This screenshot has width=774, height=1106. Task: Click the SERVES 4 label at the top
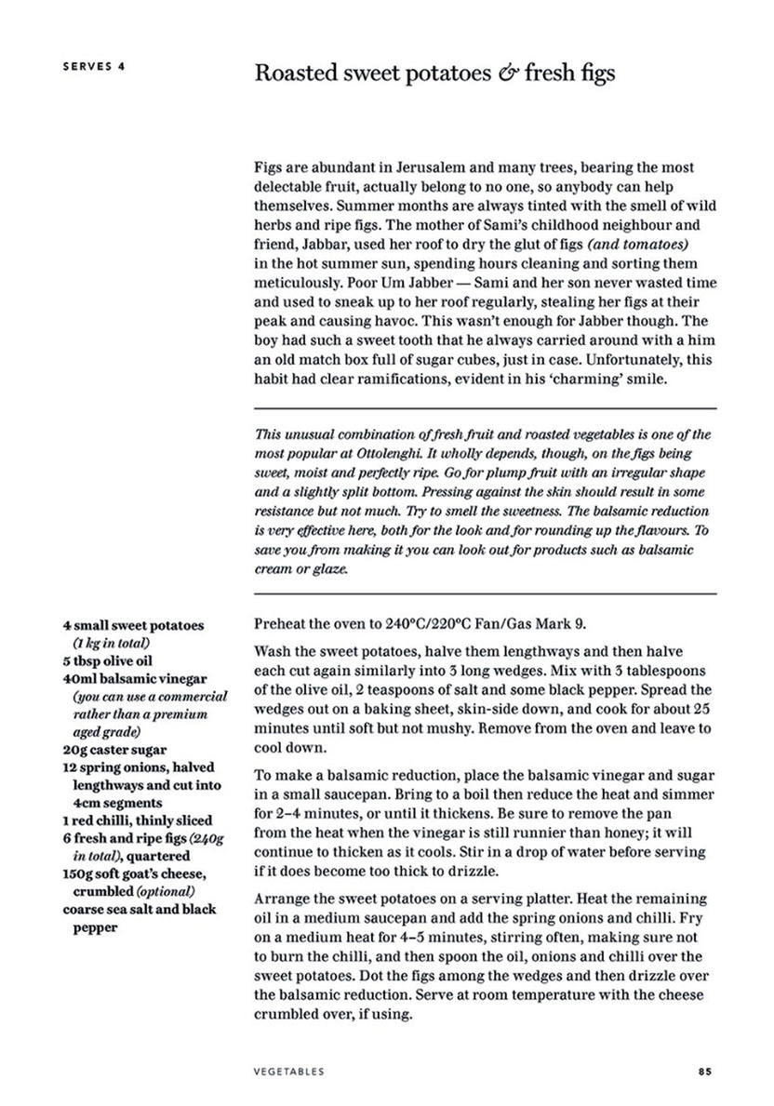point(94,66)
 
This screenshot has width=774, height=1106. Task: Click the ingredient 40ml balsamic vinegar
point(134,679)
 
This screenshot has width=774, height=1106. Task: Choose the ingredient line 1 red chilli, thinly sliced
point(137,820)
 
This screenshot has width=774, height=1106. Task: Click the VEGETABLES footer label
point(287,1071)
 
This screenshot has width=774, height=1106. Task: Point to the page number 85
point(704,1071)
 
